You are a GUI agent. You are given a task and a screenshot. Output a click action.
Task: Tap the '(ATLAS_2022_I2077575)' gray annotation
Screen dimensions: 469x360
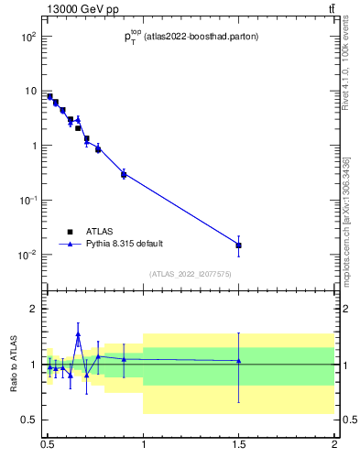pos(191,273)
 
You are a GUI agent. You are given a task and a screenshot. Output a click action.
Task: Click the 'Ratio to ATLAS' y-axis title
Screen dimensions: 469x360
pos(14,365)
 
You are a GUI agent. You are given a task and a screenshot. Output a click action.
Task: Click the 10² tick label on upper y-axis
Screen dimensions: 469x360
pos(28,37)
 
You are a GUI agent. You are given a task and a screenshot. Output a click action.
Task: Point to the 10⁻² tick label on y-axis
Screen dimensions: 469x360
pos(28,255)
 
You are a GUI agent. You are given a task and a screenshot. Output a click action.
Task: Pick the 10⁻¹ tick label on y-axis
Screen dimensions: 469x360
pos(28,201)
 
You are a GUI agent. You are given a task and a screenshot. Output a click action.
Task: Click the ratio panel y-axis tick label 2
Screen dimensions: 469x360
pos(33,310)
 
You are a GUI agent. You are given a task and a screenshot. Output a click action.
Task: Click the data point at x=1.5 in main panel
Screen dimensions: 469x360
pos(239,245)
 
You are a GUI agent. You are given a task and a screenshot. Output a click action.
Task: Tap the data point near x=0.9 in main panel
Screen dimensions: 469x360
pos(124,173)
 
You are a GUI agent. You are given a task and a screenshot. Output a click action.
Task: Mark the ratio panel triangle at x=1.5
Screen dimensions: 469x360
pos(239,361)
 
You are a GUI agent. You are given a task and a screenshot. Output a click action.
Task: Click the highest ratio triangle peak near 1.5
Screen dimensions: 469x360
pos(78,334)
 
